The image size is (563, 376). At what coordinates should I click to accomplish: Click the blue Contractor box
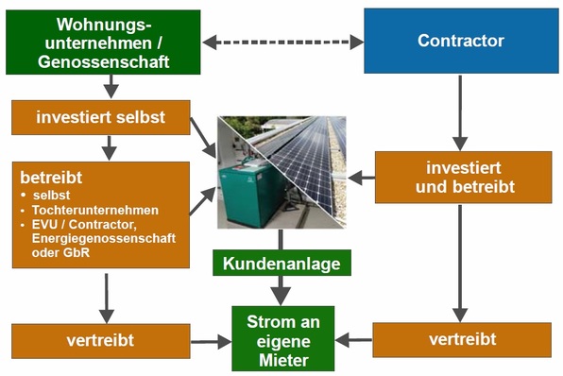[x=460, y=42]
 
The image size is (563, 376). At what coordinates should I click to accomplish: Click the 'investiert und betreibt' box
[x=463, y=177]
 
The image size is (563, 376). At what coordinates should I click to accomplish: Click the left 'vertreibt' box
[x=99, y=340]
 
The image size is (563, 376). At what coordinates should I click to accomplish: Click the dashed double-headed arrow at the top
[x=282, y=42]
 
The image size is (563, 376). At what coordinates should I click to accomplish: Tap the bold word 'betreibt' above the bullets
[x=49, y=176]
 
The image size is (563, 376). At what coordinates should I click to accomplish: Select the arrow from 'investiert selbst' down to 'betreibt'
[x=111, y=147]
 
